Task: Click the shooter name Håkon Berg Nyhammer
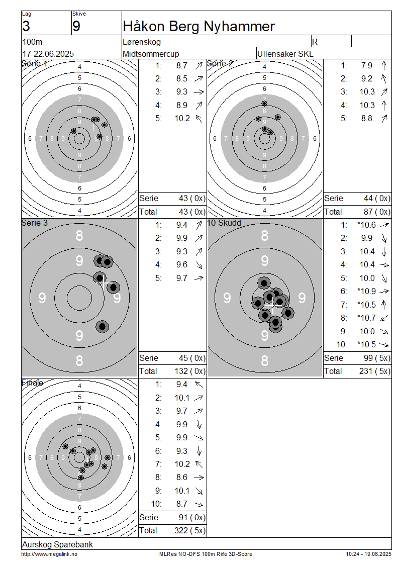coord(199,27)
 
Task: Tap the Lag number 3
coord(26,27)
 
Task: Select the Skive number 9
coord(76,27)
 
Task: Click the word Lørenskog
coord(142,42)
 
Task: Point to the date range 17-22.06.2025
coord(48,54)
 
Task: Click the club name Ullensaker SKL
coord(285,54)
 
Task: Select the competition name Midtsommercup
coord(151,54)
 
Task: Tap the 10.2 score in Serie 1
coord(182,119)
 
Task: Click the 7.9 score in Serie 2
coord(366,65)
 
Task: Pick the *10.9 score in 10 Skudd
coord(366,291)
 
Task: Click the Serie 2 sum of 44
coord(368,198)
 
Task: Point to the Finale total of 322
coord(181,530)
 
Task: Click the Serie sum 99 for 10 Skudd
coord(368,358)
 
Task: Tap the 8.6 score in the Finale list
coord(182,478)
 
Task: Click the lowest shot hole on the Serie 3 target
coord(102,327)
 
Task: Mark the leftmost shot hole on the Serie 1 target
coord(73,131)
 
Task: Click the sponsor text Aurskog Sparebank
coord(58,544)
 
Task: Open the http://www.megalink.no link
coord(49,554)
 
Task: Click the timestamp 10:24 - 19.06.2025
coord(368,554)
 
